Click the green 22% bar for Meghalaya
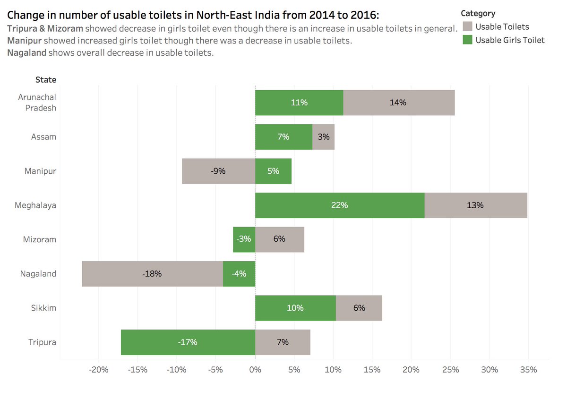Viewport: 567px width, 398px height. point(340,205)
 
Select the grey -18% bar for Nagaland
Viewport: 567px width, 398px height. point(152,274)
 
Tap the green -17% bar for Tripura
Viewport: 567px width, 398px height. point(188,342)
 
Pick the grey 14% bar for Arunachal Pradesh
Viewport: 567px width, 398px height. point(398,102)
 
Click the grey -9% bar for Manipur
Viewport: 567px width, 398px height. point(218,171)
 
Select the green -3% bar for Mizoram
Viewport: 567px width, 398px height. point(244,239)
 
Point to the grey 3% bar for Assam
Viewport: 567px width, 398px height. point(324,137)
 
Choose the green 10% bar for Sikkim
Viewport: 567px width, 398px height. point(295,308)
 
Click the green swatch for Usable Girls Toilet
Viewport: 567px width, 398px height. point(467,40)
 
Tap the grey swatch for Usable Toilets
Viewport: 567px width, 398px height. point(467,26)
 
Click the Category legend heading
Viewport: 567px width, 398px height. point(478,14)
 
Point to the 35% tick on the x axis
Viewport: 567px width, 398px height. point(528,370)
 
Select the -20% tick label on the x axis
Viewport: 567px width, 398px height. point(99,370)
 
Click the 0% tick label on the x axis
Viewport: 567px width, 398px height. point(255,370)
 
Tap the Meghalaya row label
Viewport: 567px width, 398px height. point(35,205)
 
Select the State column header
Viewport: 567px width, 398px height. point(45,80)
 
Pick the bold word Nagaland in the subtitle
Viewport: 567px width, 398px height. point(26,52)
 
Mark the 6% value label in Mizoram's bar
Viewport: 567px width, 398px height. point(279,239)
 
